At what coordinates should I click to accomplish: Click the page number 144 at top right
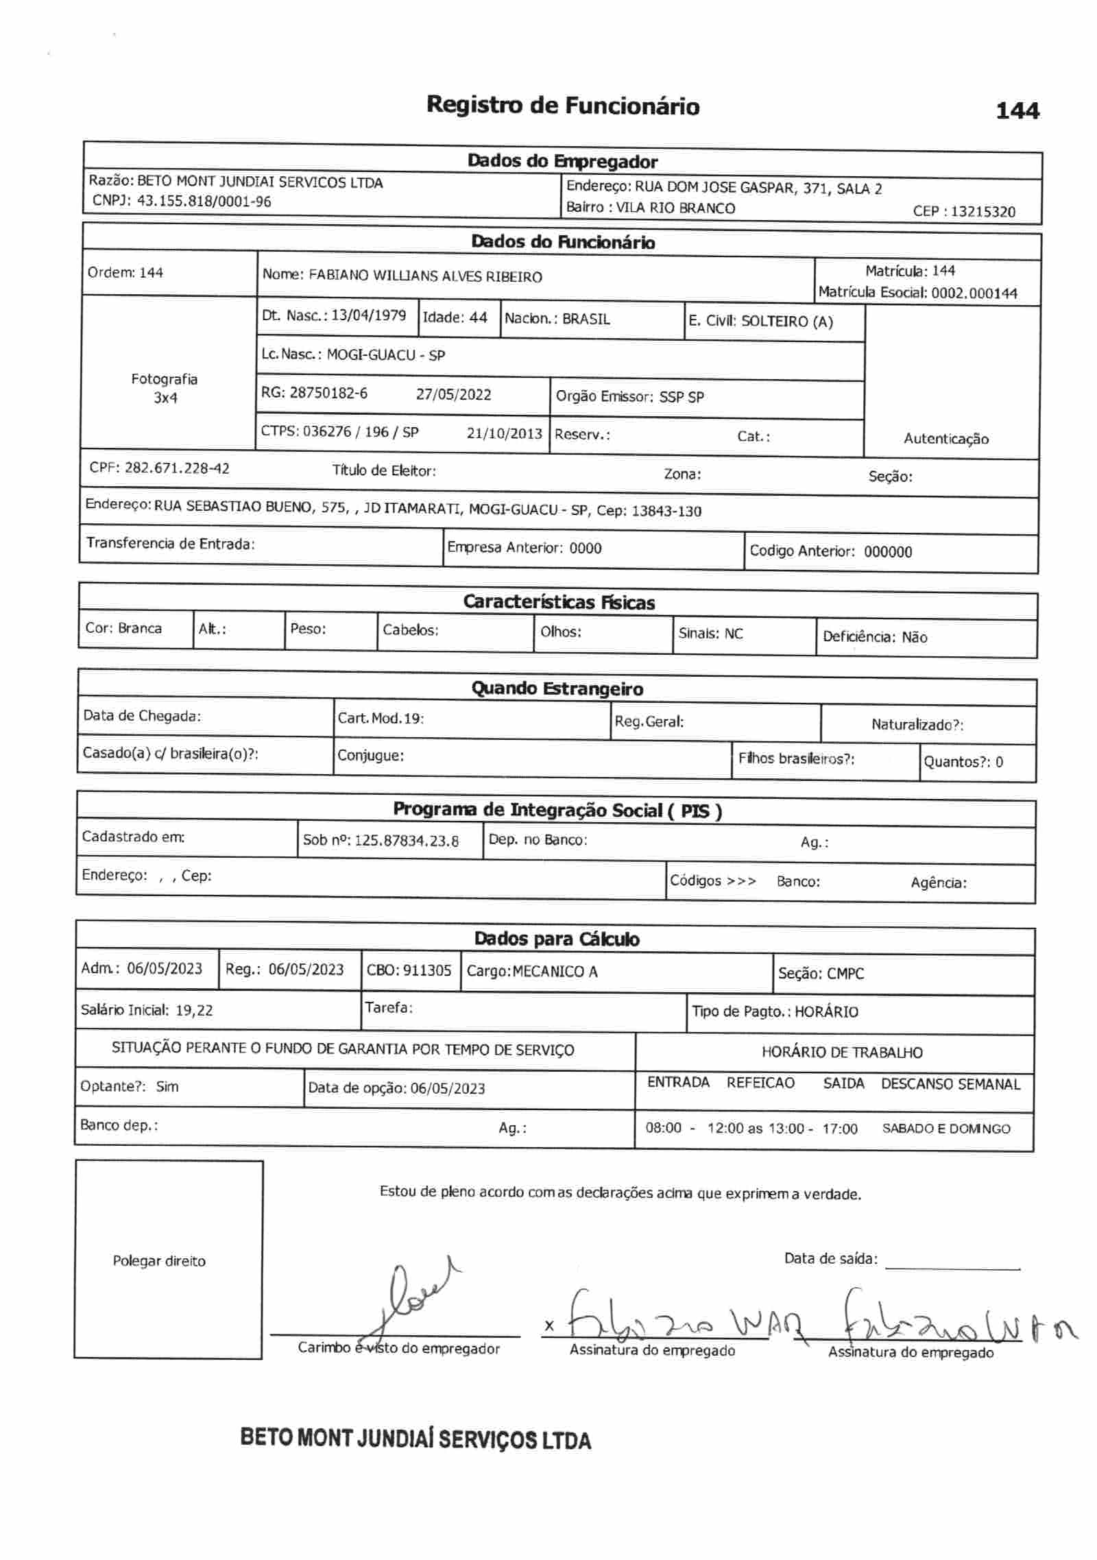(x=1017, y=110)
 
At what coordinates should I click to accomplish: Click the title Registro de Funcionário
(x=563, y=106)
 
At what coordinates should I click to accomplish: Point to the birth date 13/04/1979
(x=368, y=315)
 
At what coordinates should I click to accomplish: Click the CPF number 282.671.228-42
(x=177, y=468)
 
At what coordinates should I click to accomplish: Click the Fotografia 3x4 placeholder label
(x=165, y=388)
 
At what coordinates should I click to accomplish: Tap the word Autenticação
(x=945, y=439)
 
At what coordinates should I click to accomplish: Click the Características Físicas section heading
(x=559, y=602)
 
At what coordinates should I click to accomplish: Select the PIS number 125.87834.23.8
(x=407, y=841)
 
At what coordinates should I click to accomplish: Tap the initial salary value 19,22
(x=194, y=1010)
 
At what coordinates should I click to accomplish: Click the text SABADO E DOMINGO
(x=945, y=1129)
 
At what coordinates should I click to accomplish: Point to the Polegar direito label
(x=159, y=1261)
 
